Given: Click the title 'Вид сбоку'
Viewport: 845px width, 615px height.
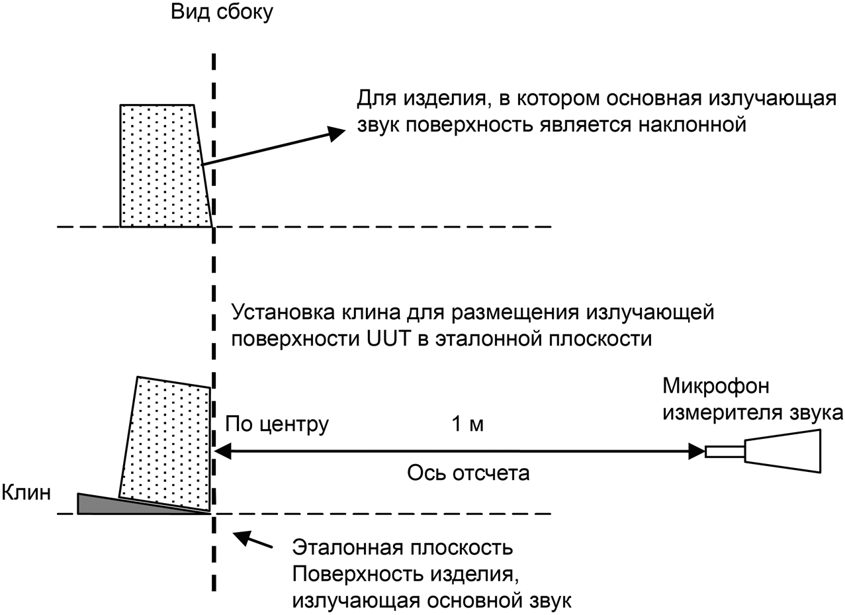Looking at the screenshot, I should [221, 13].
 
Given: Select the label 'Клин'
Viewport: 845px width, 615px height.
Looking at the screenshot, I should [26, 493].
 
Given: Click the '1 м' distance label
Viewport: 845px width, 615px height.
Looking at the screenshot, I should [467, 424].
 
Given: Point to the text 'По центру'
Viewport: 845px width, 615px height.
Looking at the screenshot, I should [277, 424].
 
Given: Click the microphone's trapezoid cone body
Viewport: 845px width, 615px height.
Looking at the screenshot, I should [784, 451].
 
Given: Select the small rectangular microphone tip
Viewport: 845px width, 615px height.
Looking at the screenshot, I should [725, 451].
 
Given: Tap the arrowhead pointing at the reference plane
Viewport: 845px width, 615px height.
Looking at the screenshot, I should [224, 451].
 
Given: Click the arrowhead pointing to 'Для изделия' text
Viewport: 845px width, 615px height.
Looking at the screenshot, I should [337, 133].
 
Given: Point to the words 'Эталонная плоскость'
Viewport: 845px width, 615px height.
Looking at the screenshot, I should [403, 549].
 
